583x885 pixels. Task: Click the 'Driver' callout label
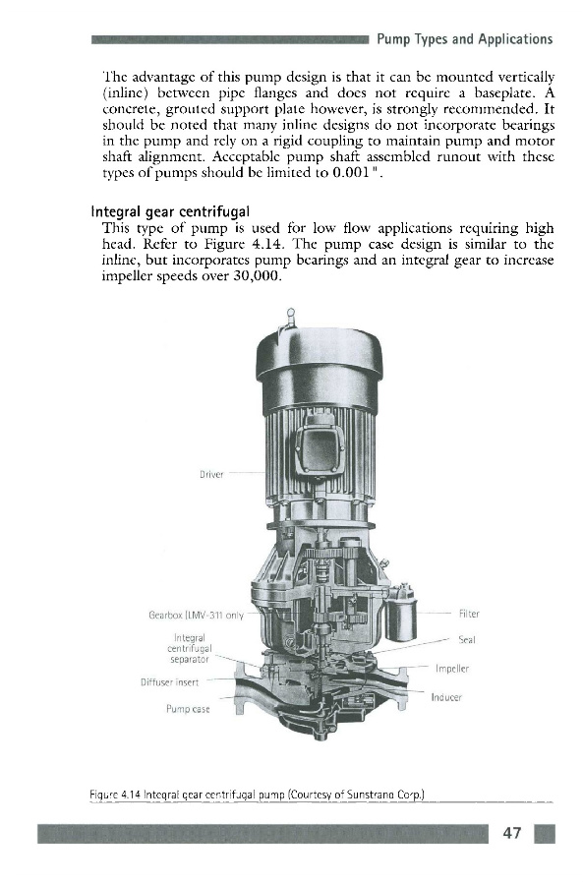[x=211, y=475]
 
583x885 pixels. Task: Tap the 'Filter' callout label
[x=469, y=614]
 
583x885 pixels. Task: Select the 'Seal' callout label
[x=467, y=639]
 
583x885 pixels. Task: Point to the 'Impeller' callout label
[x=452, y=669]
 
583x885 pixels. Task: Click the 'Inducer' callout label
[x=446, y=697]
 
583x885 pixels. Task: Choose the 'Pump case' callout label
[x=188, y=709]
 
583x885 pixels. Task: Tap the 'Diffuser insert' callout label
[x=169, y=681]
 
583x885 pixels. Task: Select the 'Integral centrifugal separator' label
[x=190, y=649]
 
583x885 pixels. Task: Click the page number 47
[x=512, y=833]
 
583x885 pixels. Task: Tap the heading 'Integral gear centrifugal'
[x=170, y=212]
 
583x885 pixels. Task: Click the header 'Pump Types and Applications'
[x=464, y=39]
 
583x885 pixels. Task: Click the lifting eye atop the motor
[x=290, y=316]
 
